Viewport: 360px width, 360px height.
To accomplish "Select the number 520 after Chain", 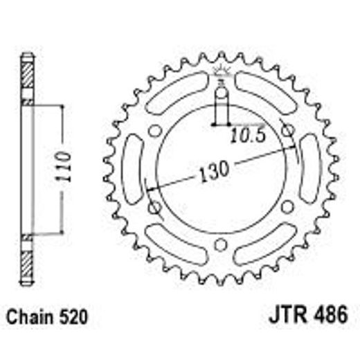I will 73,318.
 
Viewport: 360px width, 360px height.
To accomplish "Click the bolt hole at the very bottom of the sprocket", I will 221,244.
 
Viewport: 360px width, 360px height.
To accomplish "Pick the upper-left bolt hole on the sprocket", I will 154,129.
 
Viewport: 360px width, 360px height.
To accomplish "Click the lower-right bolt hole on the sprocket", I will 287,206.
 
